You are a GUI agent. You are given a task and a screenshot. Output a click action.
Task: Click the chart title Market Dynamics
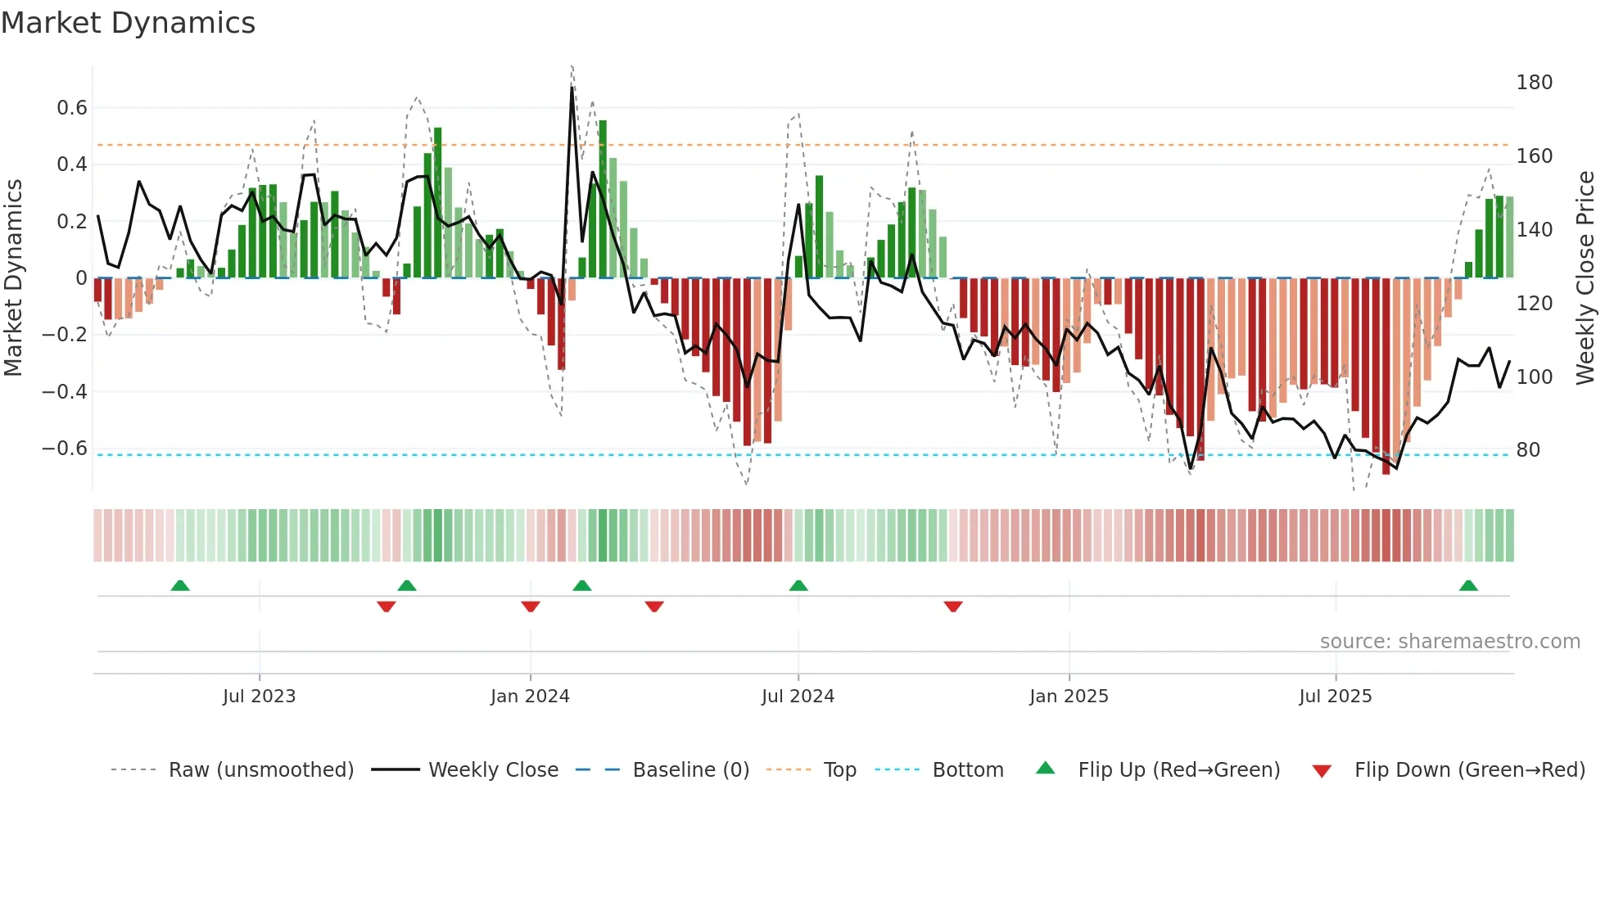tap(128, 23)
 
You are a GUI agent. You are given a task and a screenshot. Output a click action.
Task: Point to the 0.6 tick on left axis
tap(72, 108)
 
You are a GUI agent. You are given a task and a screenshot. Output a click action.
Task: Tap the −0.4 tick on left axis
tap(65, 391)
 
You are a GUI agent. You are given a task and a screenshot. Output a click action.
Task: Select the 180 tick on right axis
tap(1534, 83)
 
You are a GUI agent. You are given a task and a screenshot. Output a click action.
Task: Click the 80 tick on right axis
tap(1528, 450)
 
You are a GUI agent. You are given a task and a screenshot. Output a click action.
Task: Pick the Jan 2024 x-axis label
tap(530, 697)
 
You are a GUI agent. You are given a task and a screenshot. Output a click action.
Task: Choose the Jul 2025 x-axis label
tap(1335, 697)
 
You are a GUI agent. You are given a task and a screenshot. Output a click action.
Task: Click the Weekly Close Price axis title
tap(1585, 277)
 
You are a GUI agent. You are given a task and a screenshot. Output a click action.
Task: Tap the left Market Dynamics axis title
tap(13, 277)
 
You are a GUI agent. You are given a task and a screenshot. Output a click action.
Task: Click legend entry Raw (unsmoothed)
tap(260, 770)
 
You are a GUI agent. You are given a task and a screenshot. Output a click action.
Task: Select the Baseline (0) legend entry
tap(690, 770)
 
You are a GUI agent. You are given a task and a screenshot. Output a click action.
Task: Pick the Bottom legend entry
tap(967, 770)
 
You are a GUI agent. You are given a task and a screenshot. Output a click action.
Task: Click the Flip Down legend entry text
tap(1469, 770)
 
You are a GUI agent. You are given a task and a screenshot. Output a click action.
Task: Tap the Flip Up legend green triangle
tap(1046, 769)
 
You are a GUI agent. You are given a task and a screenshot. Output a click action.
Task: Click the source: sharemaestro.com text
tap(1449, 642)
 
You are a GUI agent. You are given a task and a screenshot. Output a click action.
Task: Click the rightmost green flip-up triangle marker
tap(1468, 586)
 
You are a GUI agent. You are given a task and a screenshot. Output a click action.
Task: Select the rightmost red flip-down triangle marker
tap(953, 607)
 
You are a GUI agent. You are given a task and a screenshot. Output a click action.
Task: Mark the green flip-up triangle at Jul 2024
tap(798, 586)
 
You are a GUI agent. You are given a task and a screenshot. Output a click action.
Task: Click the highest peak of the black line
tap(572, 87)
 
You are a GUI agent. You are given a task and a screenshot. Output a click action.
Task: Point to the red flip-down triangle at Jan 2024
tap(531, 607)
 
